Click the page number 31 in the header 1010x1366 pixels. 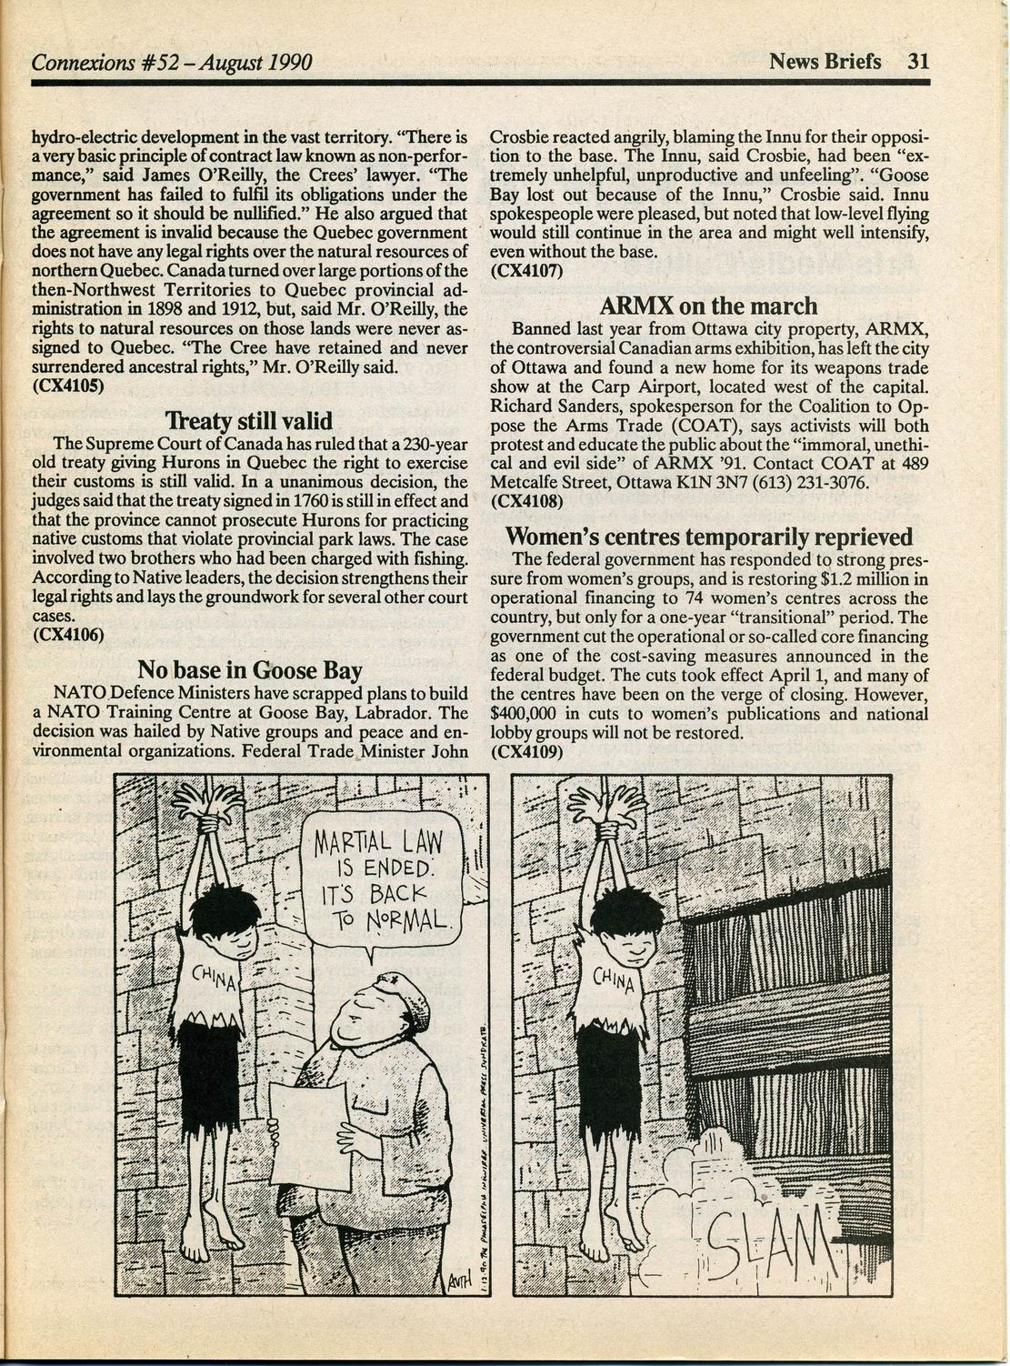coord(916,61)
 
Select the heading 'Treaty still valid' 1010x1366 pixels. coord(249,421)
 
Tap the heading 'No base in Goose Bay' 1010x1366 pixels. coord(249,671)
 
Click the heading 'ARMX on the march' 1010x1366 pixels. coord(709,306)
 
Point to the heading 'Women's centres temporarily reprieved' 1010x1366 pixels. coord(709,536)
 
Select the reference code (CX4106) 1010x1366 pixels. coord(68,634)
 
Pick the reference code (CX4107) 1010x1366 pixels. coord(526,269)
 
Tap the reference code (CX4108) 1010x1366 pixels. coord(526,499)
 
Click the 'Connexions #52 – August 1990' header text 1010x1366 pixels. coord(172,62)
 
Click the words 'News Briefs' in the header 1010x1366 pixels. coord(825,61)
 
